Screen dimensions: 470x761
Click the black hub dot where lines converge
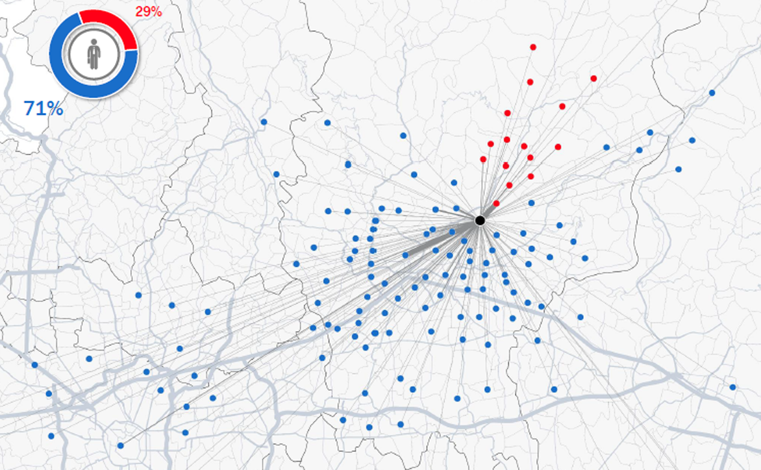pos(480,221)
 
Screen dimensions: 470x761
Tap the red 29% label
pos(149,12)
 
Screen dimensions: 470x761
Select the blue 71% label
pos(44,108)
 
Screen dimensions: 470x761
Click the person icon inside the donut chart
pos(94,54)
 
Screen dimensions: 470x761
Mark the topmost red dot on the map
pos(533,47)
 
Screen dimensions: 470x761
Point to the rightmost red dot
pos(593,79)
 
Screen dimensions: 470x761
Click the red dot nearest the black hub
pos(496,203)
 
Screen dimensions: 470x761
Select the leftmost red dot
pos(483,159)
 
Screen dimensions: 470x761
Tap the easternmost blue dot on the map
pos(732,387)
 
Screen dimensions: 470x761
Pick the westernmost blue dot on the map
pos(34,365)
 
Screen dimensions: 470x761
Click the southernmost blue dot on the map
pos(121,445)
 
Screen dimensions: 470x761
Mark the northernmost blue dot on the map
pos(712,93)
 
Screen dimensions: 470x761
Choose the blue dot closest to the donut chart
pos(264,121)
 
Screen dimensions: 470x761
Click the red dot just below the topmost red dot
pos(530,82)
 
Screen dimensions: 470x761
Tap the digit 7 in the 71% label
pos(30,108)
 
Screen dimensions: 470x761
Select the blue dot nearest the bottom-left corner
pos(51,436)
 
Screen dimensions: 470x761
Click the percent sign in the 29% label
pos(156,12)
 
